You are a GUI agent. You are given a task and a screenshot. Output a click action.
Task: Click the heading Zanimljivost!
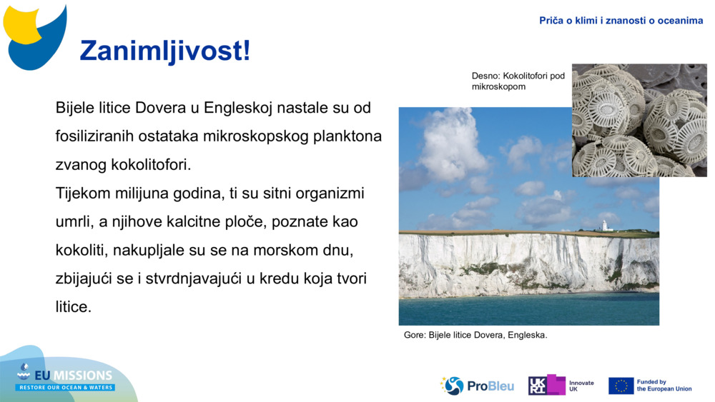[165, 51]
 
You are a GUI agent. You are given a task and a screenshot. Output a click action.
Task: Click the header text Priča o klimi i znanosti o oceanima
[621, 21]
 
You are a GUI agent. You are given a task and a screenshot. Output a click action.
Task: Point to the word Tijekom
[82, 193]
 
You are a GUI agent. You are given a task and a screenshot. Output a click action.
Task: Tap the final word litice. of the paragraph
[74, 307]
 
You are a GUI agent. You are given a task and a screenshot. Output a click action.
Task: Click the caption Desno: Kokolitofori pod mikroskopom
[518, 81]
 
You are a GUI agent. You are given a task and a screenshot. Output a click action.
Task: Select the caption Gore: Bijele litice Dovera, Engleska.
[475, 335]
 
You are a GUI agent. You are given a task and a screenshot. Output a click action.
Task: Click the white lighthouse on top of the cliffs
[604, 226]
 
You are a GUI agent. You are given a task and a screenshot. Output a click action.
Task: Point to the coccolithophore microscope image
[638, 120]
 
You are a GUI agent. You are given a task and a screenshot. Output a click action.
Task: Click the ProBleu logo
[478, 386]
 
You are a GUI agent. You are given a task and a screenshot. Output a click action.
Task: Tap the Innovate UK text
[581, 386]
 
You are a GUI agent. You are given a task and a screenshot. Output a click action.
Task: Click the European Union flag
[621, 386]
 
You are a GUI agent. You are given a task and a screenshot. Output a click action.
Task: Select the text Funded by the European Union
[664, 386]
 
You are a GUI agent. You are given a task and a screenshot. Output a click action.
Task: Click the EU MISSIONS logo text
[74, 376]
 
